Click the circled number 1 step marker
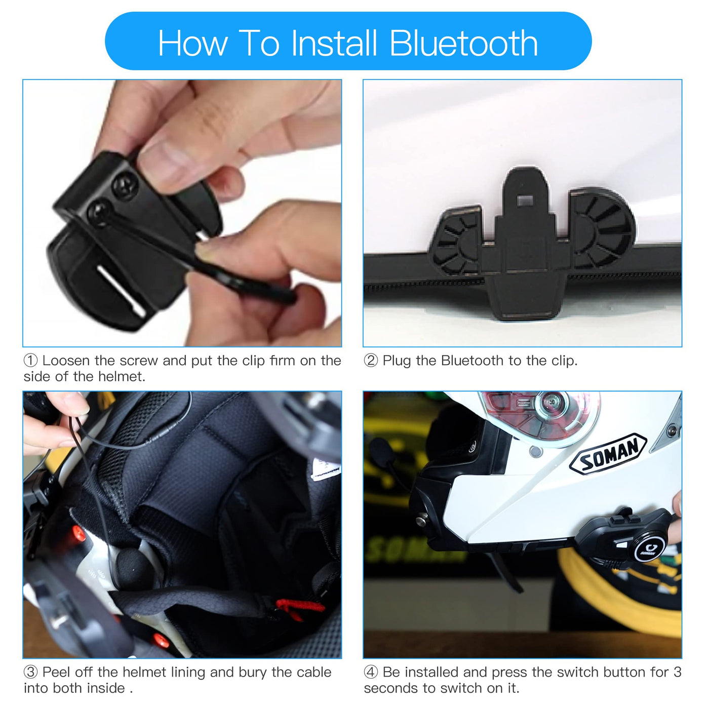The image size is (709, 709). point(30,361)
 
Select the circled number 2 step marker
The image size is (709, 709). point(371,361)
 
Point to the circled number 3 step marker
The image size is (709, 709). point(30,672)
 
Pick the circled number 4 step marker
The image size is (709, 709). point(371,672)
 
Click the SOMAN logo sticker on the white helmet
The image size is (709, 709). point(607,454)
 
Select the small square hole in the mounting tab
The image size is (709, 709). point(525,201)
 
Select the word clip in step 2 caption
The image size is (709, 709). point(563,361)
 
